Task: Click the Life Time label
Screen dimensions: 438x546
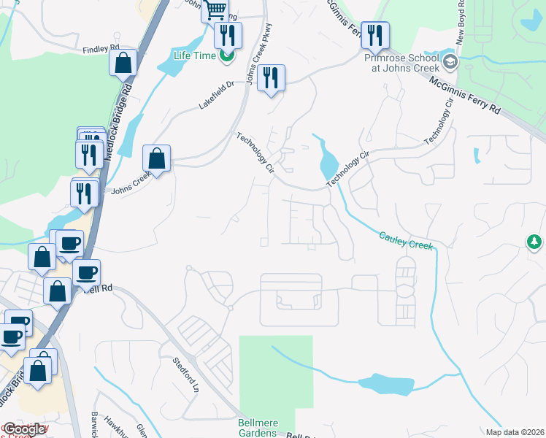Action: (x=195, y=55)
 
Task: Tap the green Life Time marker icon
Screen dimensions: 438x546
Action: (x=228, y=55)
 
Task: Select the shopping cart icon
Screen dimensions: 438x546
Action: (x=215, y=10)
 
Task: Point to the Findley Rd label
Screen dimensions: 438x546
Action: (x=101, y=49)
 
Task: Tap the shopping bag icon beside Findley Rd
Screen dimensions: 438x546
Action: (x=123, y=63)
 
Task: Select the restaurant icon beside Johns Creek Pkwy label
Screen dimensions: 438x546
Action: (x=271, y=78)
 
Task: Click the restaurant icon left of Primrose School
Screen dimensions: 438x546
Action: (x=374, y=34)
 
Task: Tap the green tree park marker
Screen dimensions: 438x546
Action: (x=535, y=242)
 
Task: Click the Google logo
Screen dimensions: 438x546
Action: (x=24, y=429)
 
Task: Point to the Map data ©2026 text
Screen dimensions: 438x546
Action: (x=515, y=431)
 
